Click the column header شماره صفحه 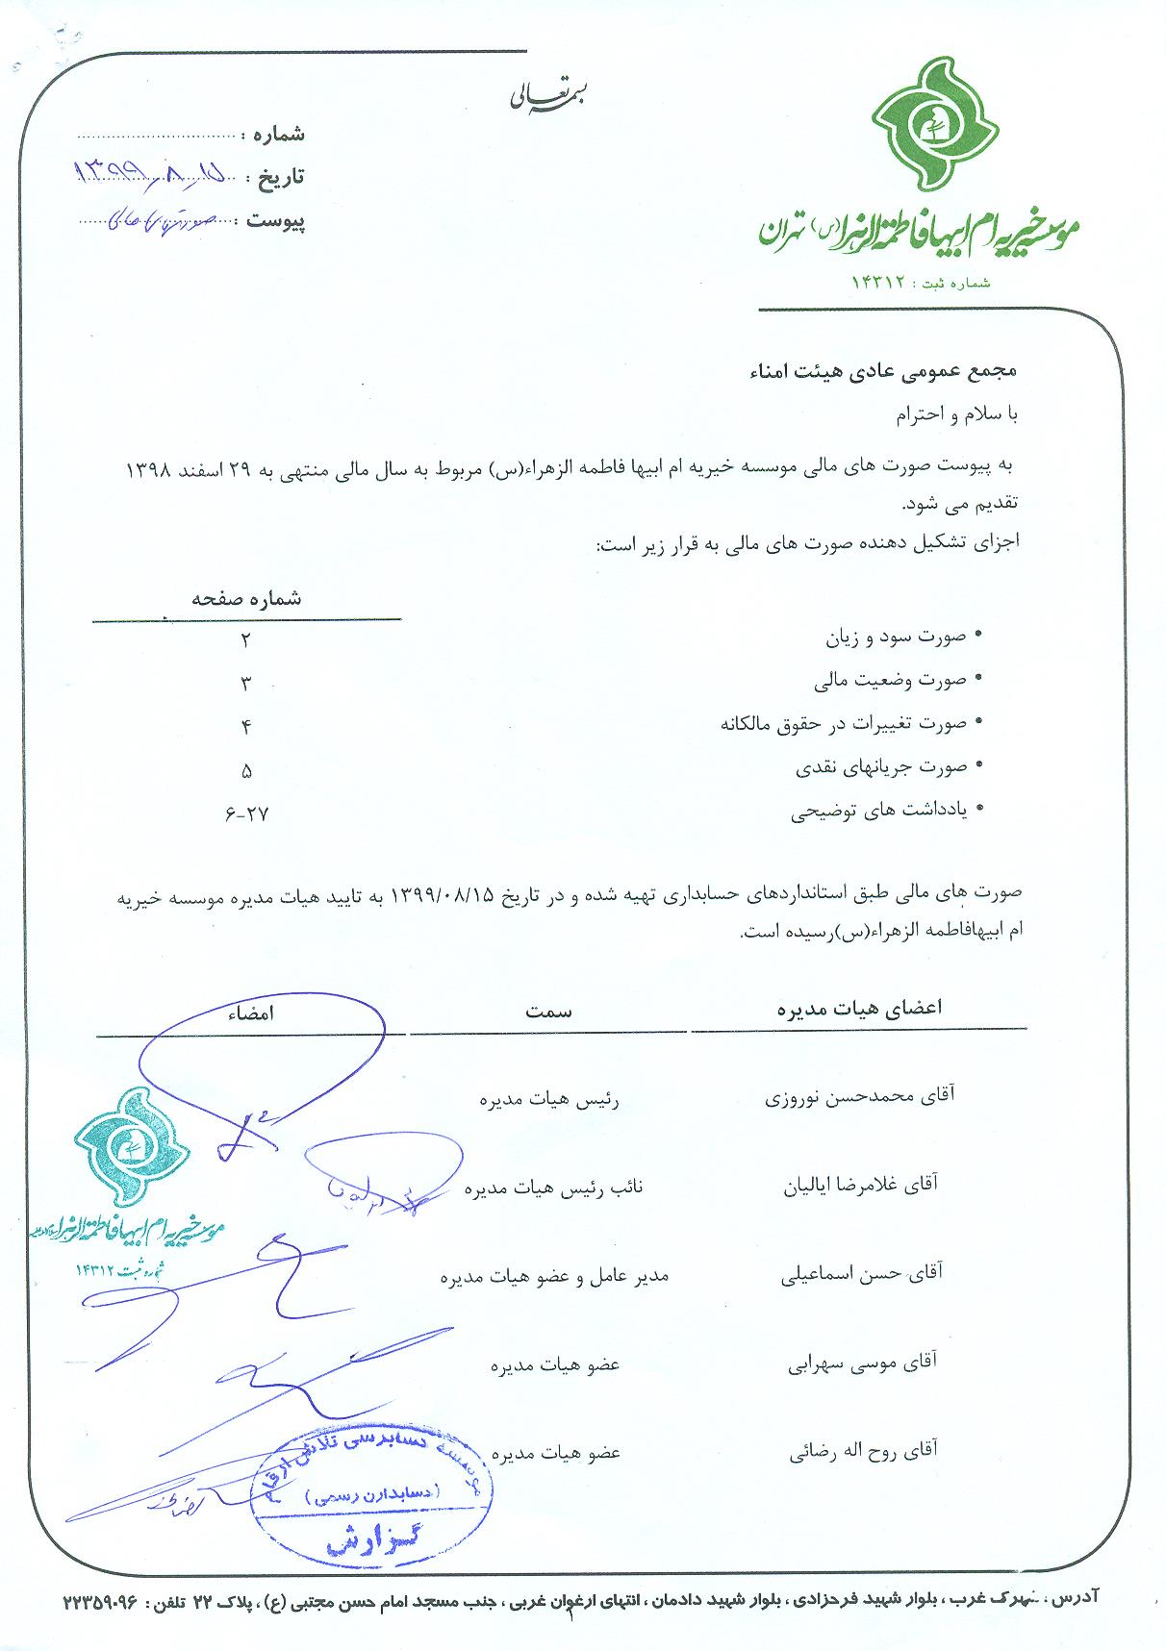[x=246, y=598]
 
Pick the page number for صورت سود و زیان [x=245, y=640]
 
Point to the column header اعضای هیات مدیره [x=859, y=1008]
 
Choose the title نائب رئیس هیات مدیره [x=554, y=1188]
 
